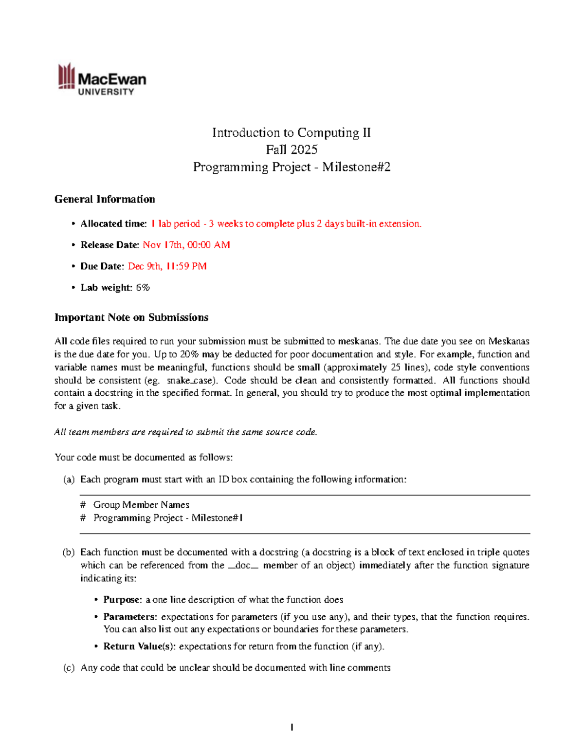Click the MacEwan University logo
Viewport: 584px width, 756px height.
click(x=102, y=79)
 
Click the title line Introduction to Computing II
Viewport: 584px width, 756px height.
click(x=291, y=133)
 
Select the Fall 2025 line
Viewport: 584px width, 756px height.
click(x=292, y=150)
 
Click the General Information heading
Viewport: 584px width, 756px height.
click(x=105, y=199)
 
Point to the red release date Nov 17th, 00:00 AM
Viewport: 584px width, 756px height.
click(x=186, y=245)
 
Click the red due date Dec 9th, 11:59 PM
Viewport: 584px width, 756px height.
click(x=167, y=266)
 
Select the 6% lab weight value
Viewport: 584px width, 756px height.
click(x=143, y=288)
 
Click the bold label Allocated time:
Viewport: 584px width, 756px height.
click(x=113, y=224)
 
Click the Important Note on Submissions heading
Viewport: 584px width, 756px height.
click(x=131, y=317)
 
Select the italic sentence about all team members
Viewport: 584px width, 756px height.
click(x=185, y=432)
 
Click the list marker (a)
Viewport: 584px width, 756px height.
click(x=69, y=479)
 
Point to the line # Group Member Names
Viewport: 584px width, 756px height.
click(x=135, y=505)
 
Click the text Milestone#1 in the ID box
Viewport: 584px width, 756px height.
click(x=217, y=518)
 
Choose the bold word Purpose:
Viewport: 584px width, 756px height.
click(x=123, y=600)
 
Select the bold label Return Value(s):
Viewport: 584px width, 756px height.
click(x=139, y=646)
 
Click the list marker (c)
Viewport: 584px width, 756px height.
click(x=69, y=668)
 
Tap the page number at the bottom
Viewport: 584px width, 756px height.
click(x=292, y=727)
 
